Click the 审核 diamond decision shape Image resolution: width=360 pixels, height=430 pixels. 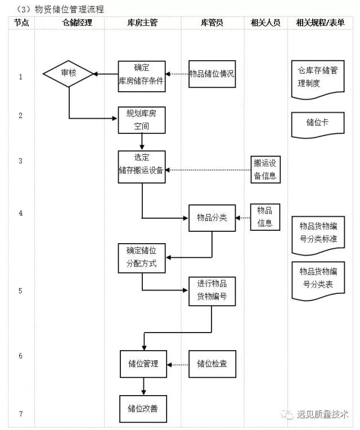click(x=69, y=74)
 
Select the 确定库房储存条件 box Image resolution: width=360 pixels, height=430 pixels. click(x=142, y=76)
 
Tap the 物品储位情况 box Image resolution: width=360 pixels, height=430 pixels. click(x=211, y=74)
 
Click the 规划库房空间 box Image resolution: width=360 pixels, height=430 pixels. click(x=142, y=119)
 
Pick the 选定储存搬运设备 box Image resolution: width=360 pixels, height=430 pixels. click(x=142, y=165)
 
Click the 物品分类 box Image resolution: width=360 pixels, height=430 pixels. click(x=211, y=217)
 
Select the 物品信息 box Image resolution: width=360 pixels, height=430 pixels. click(x=264, y=217)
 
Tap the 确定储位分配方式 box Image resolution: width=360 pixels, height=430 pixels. click(x=142, y=258)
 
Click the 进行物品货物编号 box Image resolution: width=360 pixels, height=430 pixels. click(x=211, y=290)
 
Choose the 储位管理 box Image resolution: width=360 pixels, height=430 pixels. click(x=143, y=364)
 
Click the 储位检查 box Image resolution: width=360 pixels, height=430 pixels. click(x=211, y=364)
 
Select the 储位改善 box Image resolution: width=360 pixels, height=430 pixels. click(x=142, y=409)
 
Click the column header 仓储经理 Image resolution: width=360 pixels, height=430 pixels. click(x=69, y=23)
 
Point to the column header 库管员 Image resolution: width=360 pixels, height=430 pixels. click(x=212, y=23)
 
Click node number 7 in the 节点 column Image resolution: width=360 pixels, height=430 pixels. click(x=21, y=414)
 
